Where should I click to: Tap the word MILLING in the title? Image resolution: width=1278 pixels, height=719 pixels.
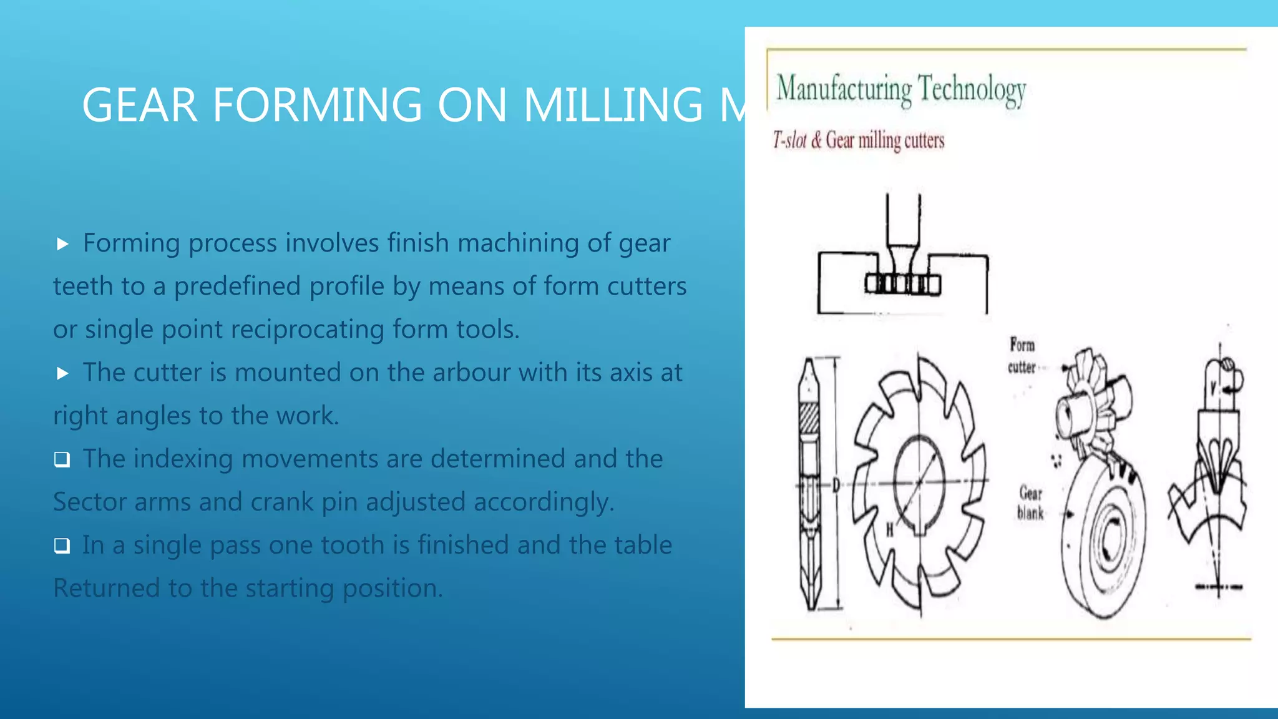[x=613, y=105]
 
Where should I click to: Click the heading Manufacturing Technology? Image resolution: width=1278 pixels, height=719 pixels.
[x=900, y=89]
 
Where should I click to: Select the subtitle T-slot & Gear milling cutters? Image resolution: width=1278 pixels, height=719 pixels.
[x=859, y=140]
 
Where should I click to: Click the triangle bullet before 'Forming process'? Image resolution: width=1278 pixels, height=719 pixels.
[x=62, y=244]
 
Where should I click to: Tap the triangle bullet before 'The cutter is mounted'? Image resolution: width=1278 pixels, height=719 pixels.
[x=62, y=373]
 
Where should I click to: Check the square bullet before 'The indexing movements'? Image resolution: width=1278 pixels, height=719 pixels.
[x=62, y=460]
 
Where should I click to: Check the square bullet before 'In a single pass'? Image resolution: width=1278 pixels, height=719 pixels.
[x=62, y=546]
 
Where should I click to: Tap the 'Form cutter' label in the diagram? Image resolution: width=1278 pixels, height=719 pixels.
[x=1022, y=356]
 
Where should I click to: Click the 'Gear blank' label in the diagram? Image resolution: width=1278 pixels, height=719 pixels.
[x=1030, y=503]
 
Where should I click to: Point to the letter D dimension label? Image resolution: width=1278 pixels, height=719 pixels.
[x=836, y=484]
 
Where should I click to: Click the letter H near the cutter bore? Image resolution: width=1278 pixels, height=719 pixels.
[x=889, y=531]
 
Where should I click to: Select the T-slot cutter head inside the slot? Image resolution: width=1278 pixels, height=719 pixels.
[x=902, y=284]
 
